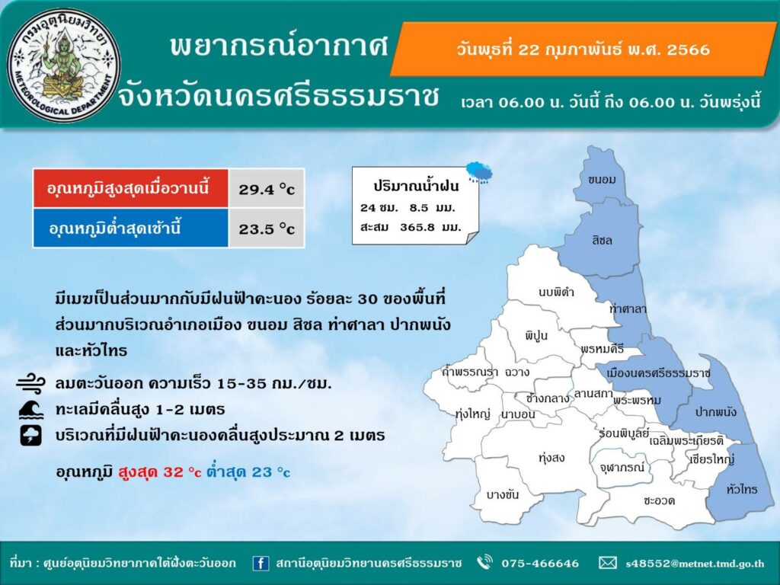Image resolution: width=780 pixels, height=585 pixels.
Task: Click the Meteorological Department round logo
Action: pyautogui.click(x=64, y=66)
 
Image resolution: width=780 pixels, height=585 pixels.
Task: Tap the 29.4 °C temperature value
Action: pyautogui.click(x=267, y=190)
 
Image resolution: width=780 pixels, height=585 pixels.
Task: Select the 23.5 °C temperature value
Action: pyautogui.click(x=267, y=229)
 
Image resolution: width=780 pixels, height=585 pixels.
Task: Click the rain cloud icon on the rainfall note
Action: pyautogui.click(x=479, y=171)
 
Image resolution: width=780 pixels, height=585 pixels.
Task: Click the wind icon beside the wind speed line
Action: pyautogui.click(x=30, y=384)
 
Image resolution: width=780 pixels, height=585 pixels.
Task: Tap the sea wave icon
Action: pyautogui.click(x=30, y=410)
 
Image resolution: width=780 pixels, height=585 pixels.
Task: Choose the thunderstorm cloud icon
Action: pyautogui.click(x=30, y=435)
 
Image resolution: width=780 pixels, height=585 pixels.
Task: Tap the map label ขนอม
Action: pyautogui.click(x=602, y=180)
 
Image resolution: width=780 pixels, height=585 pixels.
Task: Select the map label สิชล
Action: pyautogui.click(x=602, y=241)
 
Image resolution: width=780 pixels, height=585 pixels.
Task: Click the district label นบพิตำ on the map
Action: pyautogui.click(x=556, y=292)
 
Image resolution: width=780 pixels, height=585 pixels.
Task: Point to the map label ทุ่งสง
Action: pyautogui.click(x=551, y=458)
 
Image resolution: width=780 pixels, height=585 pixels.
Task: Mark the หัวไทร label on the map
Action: pyautogui.click(x=741, y=490)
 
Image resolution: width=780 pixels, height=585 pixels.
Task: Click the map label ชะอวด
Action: pyautogui.click(x=659, y=500)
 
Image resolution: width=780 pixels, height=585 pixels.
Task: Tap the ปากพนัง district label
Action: pyautogui.click(x=716, y=412)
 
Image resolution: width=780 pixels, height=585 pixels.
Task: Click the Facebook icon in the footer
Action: pyautogui.click(x=261, y=563)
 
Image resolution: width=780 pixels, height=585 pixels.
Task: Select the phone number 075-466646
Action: pyautogui.click(x=540, y=563)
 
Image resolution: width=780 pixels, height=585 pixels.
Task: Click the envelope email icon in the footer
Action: pyautogui.click(x=607, y=563)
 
